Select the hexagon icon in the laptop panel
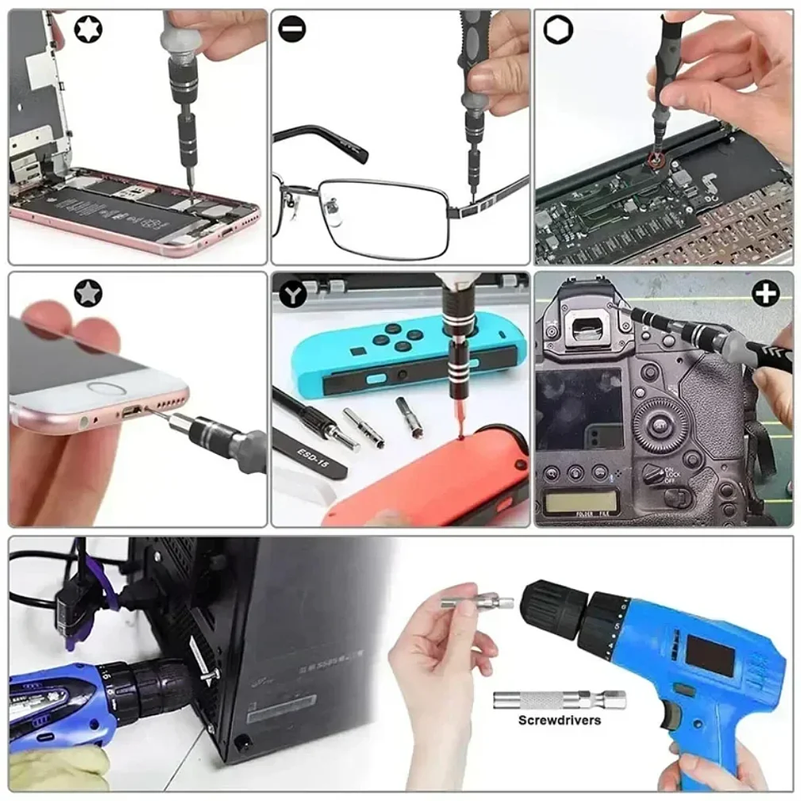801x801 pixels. click(x=553, y=31)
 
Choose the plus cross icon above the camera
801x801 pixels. click(x=765, y=293)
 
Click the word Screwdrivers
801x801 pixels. click(x=559, y=720)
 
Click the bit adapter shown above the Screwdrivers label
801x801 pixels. click(x=558, y=699)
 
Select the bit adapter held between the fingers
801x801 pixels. click(x=473, y=601)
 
